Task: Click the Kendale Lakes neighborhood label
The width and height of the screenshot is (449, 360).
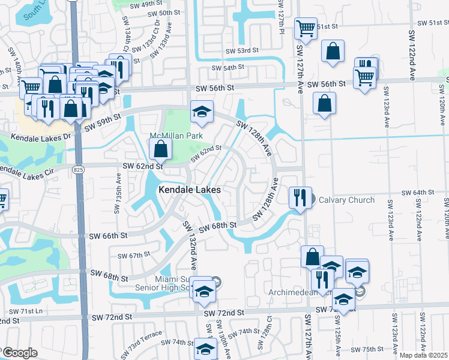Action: [190, 190]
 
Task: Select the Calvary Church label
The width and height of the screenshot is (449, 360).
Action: [346, 200]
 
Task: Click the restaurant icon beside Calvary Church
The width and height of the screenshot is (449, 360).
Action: [298, 197]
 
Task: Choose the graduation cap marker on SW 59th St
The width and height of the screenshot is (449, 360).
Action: [202, 111]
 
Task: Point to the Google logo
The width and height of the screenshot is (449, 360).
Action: [20, 353]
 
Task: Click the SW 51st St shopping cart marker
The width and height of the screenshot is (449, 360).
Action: [306, 28]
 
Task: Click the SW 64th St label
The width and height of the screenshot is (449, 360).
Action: [417, 192]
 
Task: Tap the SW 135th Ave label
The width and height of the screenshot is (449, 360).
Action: [117, 195]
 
